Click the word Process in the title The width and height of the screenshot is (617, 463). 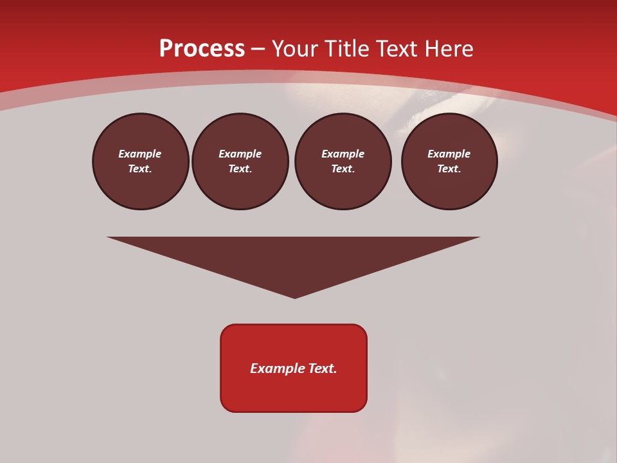202,49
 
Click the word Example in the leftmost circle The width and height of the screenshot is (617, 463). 140,154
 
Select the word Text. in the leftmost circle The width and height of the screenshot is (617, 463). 140,169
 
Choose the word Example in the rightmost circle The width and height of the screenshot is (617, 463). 449,154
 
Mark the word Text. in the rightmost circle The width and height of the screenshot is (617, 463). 449,169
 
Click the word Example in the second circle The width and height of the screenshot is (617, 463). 240,154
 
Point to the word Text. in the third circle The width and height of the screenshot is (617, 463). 343,169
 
